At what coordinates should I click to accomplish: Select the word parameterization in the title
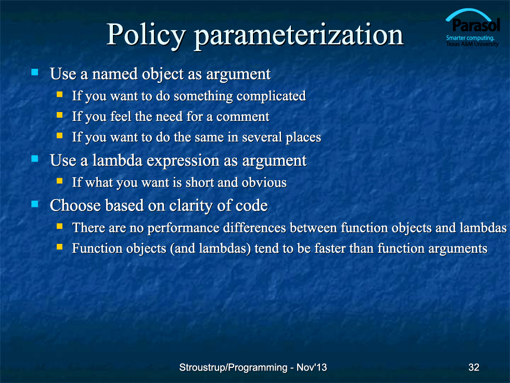pyautogui.click(x=299, y=35)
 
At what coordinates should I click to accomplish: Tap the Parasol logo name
pyautogui.click(x=476, y=25)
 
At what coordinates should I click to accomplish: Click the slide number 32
pyautogui.click(x=474, y=367)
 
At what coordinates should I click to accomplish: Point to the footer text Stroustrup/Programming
pyautogui.click(x=233, y=368)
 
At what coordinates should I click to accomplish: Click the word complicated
pyautogui.click(x=271, y=96)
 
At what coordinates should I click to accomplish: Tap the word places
pyautogui.click(x=303, y=138)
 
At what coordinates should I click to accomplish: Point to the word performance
pyautogui.click(x=183, y=228)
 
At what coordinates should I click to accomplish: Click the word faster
pyautogui.click(x=330, y=249)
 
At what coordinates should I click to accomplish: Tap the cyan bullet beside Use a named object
pyautogui.click(x=35, y=72)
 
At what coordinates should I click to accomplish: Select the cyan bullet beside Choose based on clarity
pyautogui.click(x=35, y=204)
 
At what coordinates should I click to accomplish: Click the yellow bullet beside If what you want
pyautogui.click(x=59, y=181)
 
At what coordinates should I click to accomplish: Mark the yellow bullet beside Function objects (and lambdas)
pyautogui.click(x=59, y=246)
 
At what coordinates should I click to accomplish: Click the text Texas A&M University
pyautogui.click(x=473, y=44)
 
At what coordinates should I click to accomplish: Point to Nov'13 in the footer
pyautogui.click(x=312, y=367)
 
